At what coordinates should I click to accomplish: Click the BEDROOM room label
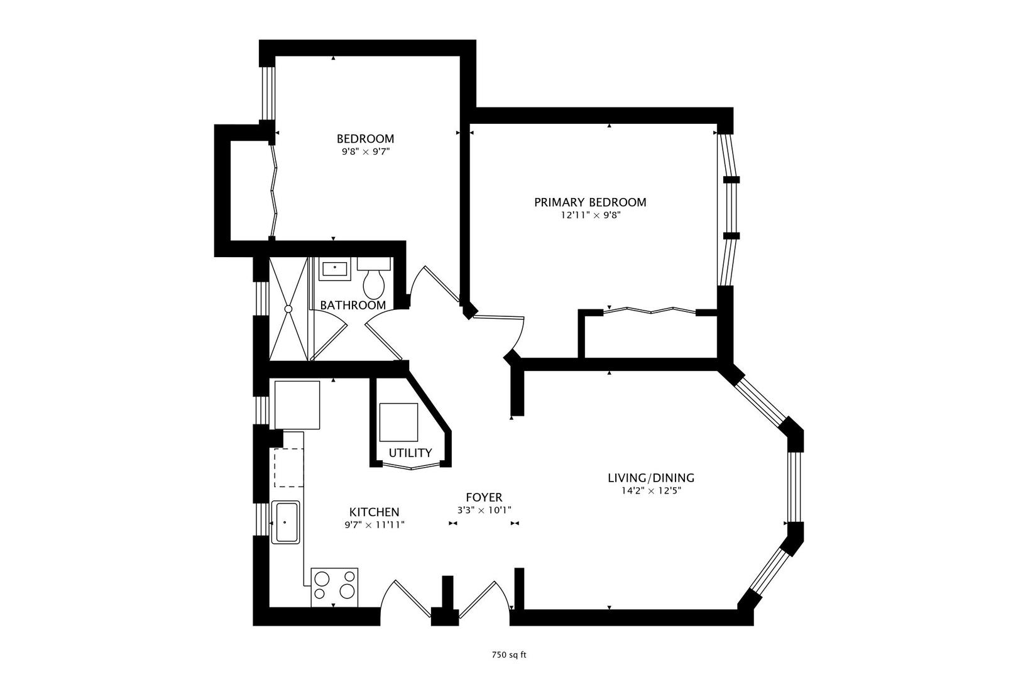pyautogui.click(x=365, y=139)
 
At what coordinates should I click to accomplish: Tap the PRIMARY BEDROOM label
pyautogui.click(x=590, y=202)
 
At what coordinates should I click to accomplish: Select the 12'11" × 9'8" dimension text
pyautogui.click(x=590, y=215)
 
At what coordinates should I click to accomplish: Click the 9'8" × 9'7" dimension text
pyautogui.click(x=366, y=152)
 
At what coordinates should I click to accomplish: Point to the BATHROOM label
pyautogui.click(x=353, y=305)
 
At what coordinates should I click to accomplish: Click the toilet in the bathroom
pyautogui.click(x=373, y=277)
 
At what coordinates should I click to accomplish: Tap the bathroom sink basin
pyautogui.click(x=335, y=269)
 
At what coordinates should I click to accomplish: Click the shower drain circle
pyautogui.click(x=288, y=309)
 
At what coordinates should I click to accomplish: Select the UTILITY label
pyautogui.click(x=410, y=453)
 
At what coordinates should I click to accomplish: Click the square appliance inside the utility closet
pyautogui.click(x=398, y=422)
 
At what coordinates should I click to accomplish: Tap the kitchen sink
pyautogui.click(x=285, y=522)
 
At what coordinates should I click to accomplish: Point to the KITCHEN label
pyautogui.click(x=374, y=512)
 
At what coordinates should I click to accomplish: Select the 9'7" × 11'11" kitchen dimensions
pyautogui.click(x=375, y=525)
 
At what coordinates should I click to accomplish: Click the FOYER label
pyautogui.click(x=484, y=497)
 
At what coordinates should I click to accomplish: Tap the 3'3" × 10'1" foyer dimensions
pyautogui.click(x=484, y=511)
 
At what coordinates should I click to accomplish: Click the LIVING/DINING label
pyautogui.click(x=651, y=478)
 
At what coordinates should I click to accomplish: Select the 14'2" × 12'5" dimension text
pyautogui.click(x=651, y=491)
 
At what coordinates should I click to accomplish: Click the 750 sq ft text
pyautogui.click(x=509, y=655)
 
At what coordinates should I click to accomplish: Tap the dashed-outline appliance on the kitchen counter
pyautogui.click(x=288, y=468)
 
